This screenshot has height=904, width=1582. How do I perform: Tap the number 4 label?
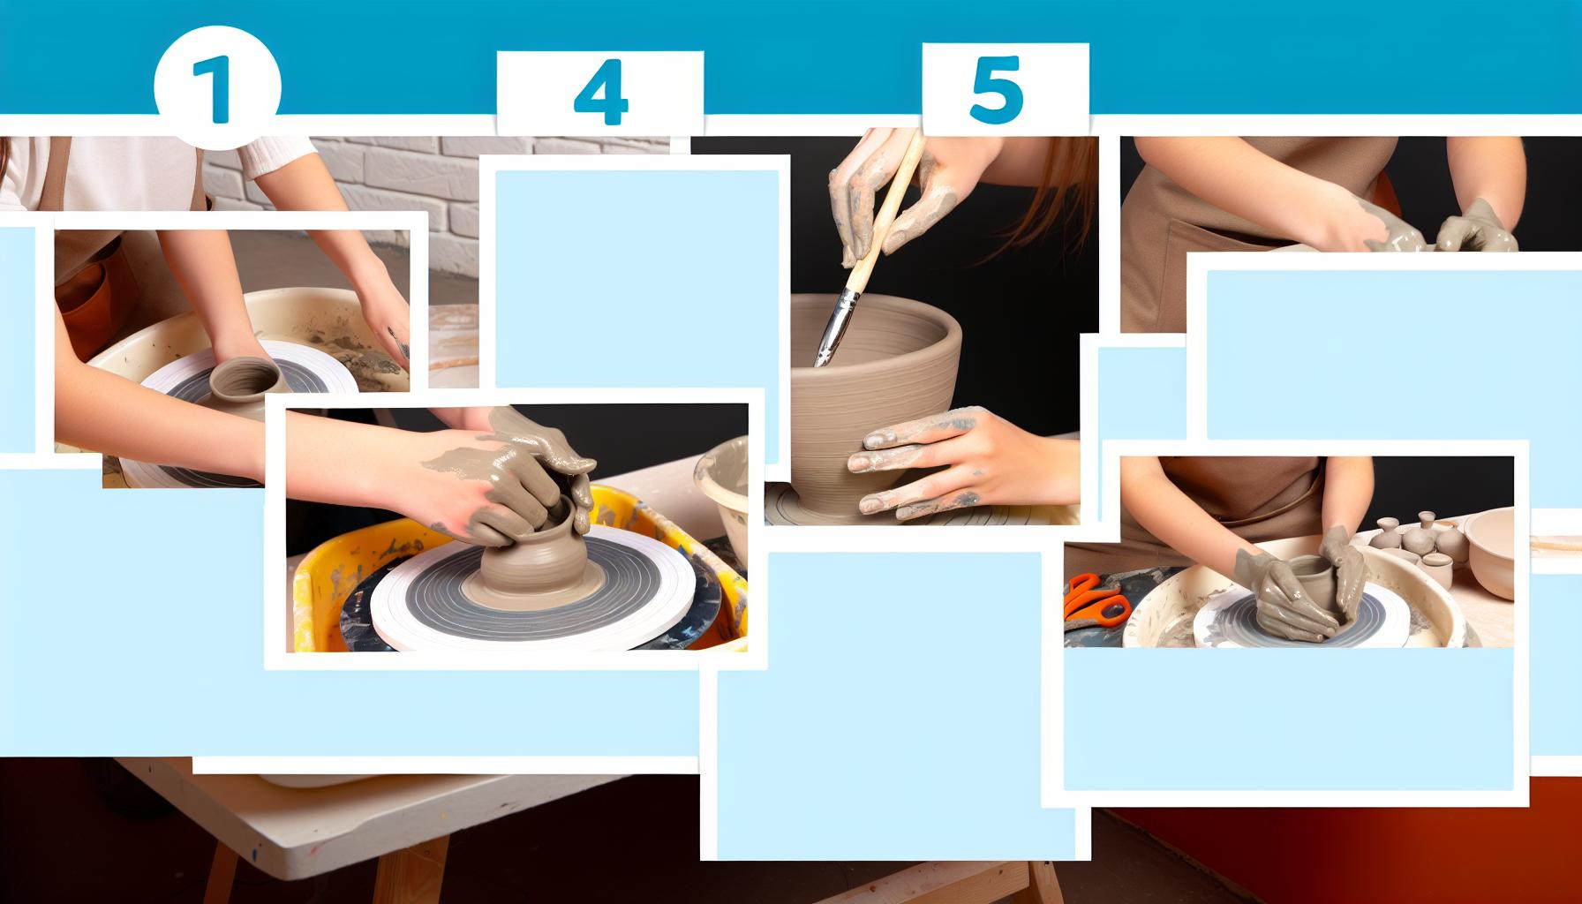[x=600, y=93]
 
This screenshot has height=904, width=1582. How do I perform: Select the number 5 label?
[x=996, y=91]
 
